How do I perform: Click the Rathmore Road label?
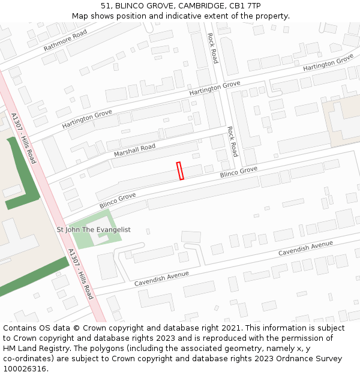65,40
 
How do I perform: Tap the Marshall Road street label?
134,151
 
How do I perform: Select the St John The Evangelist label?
94,230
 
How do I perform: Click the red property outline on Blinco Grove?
180,171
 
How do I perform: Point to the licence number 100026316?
23,369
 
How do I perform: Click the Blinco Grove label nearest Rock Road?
238,172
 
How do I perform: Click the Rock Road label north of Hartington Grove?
212,48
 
